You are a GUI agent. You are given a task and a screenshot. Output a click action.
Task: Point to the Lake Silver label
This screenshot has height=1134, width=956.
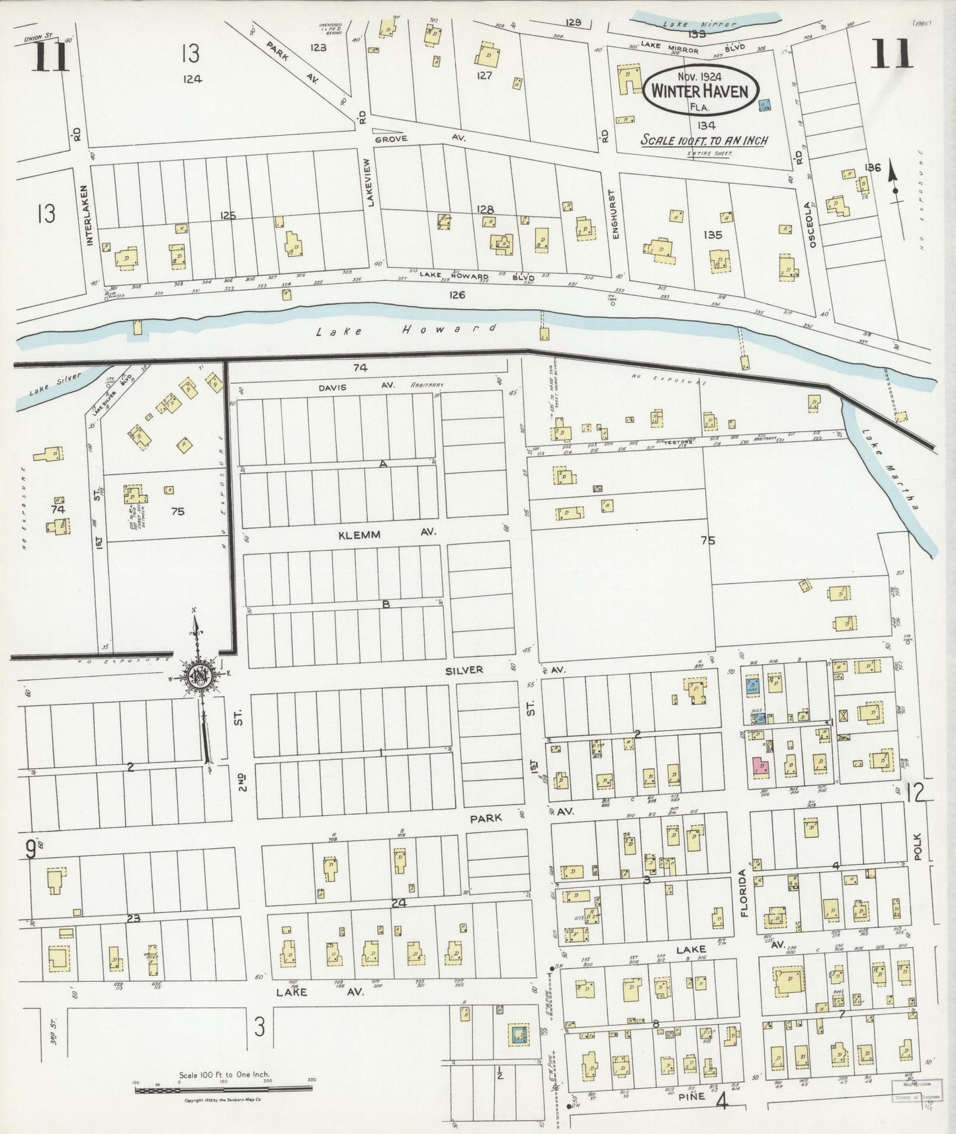point(55,384)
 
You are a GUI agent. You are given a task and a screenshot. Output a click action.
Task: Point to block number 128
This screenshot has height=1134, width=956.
point(485,209)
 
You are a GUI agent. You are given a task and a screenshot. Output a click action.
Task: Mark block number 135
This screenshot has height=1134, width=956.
point(713,234)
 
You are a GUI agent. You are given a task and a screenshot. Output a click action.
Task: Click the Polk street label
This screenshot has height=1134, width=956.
point(917,846)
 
